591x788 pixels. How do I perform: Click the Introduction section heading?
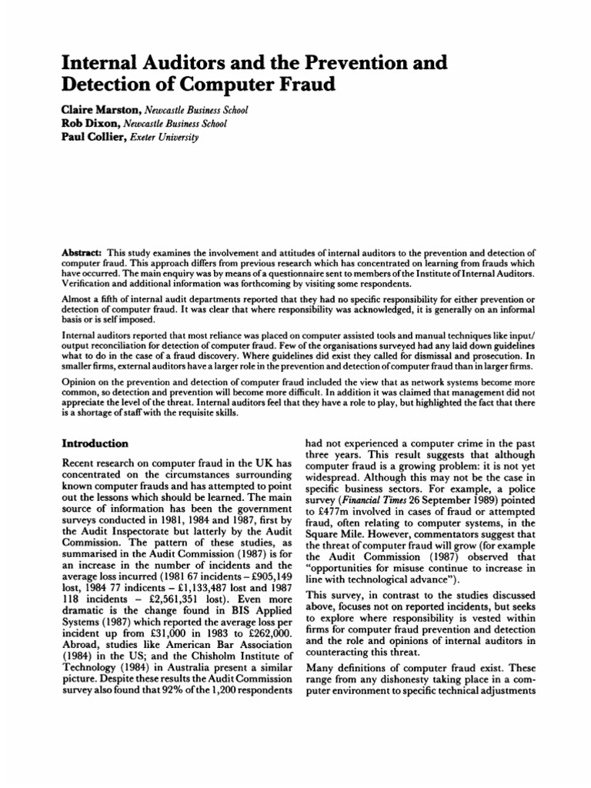(95, 444)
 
